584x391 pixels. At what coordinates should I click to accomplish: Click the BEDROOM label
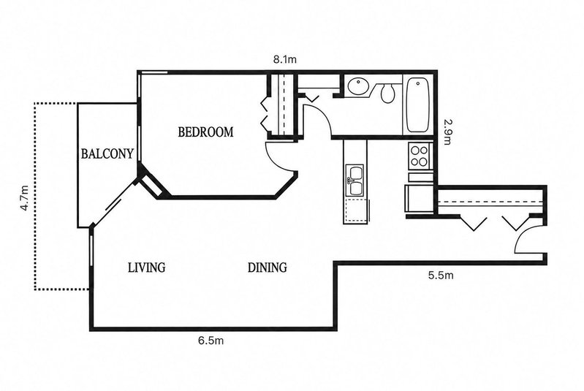205,132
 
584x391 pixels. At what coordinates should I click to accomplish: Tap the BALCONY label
107,153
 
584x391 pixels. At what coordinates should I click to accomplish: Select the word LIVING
146,267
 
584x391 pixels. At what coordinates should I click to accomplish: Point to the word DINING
268,267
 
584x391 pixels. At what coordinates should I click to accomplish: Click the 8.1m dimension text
285,60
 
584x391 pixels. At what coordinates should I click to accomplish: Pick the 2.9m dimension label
447,132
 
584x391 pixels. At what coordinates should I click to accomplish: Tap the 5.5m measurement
441,276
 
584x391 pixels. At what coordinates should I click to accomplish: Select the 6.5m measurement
211,341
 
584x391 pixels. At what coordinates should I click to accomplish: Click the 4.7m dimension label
25,198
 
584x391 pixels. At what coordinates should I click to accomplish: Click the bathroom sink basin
358,86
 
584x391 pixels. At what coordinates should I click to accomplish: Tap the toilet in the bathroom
387,93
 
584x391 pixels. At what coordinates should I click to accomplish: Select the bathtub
418,105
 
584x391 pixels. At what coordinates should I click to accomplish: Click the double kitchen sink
355,181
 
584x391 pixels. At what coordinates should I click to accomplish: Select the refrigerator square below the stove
420,198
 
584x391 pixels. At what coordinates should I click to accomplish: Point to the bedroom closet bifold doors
265,113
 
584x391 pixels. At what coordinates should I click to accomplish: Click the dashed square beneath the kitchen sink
357,210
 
